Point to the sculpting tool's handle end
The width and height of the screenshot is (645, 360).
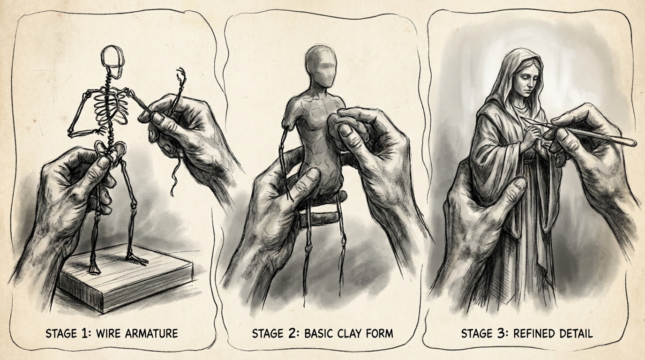pos(632,142)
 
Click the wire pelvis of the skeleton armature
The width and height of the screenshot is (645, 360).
pos(110,150)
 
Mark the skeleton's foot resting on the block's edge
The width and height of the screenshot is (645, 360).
pos(138,259)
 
